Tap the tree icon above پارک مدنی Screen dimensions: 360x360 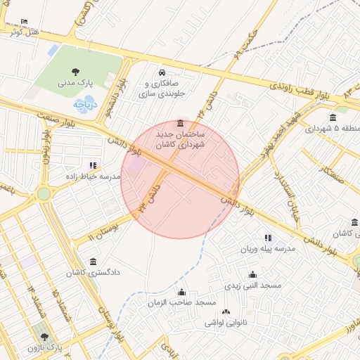pos(75,70)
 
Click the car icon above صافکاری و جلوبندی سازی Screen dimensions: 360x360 pos(162,72)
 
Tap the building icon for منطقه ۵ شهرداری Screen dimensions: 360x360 pos(333,117)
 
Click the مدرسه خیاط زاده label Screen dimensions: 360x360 pos(94,176)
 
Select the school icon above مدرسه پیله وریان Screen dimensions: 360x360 pos(268,238)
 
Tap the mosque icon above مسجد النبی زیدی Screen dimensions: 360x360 pos(252,275)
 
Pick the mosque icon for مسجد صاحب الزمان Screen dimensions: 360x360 pos(182,292)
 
